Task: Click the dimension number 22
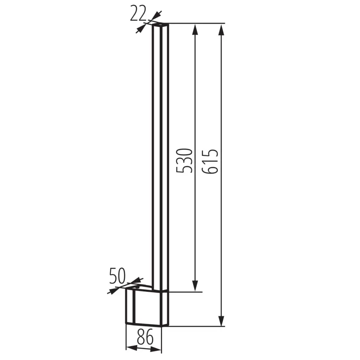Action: point(138,14)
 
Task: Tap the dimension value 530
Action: point(184,161)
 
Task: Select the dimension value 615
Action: point(210,161)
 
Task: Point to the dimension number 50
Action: point(117,276)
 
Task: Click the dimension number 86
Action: point(145,337)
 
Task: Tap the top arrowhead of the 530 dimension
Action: point(195,29)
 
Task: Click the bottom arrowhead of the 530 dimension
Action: point(195,286)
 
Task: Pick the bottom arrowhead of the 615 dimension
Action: point(221,320)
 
